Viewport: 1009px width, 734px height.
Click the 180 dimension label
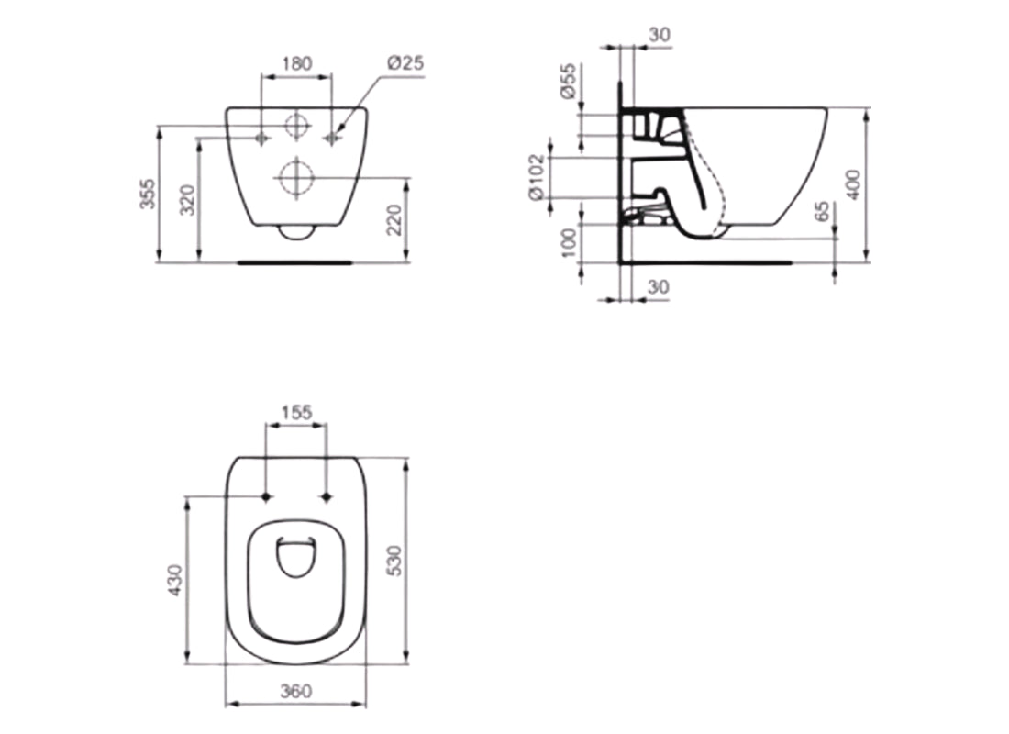[x=295, y=64]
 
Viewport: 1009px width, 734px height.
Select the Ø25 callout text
[x=404, y=63]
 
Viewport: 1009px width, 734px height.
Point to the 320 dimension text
[x=186, y=199]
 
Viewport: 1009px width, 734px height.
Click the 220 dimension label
[x=395, y=220]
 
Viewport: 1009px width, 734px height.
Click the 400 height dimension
[x=856, y=184]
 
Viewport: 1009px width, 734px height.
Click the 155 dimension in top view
[x=295, y=413]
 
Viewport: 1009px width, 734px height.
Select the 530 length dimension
[x=394, y=559]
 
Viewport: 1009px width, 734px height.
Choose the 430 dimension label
[x=175, y=581]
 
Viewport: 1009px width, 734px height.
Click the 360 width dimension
[x=295, y=689]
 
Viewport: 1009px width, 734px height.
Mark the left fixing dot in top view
[x=266, y=497]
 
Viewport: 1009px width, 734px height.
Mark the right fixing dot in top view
[x=327, y=497]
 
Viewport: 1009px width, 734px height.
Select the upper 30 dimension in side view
[x=659, y=34]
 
